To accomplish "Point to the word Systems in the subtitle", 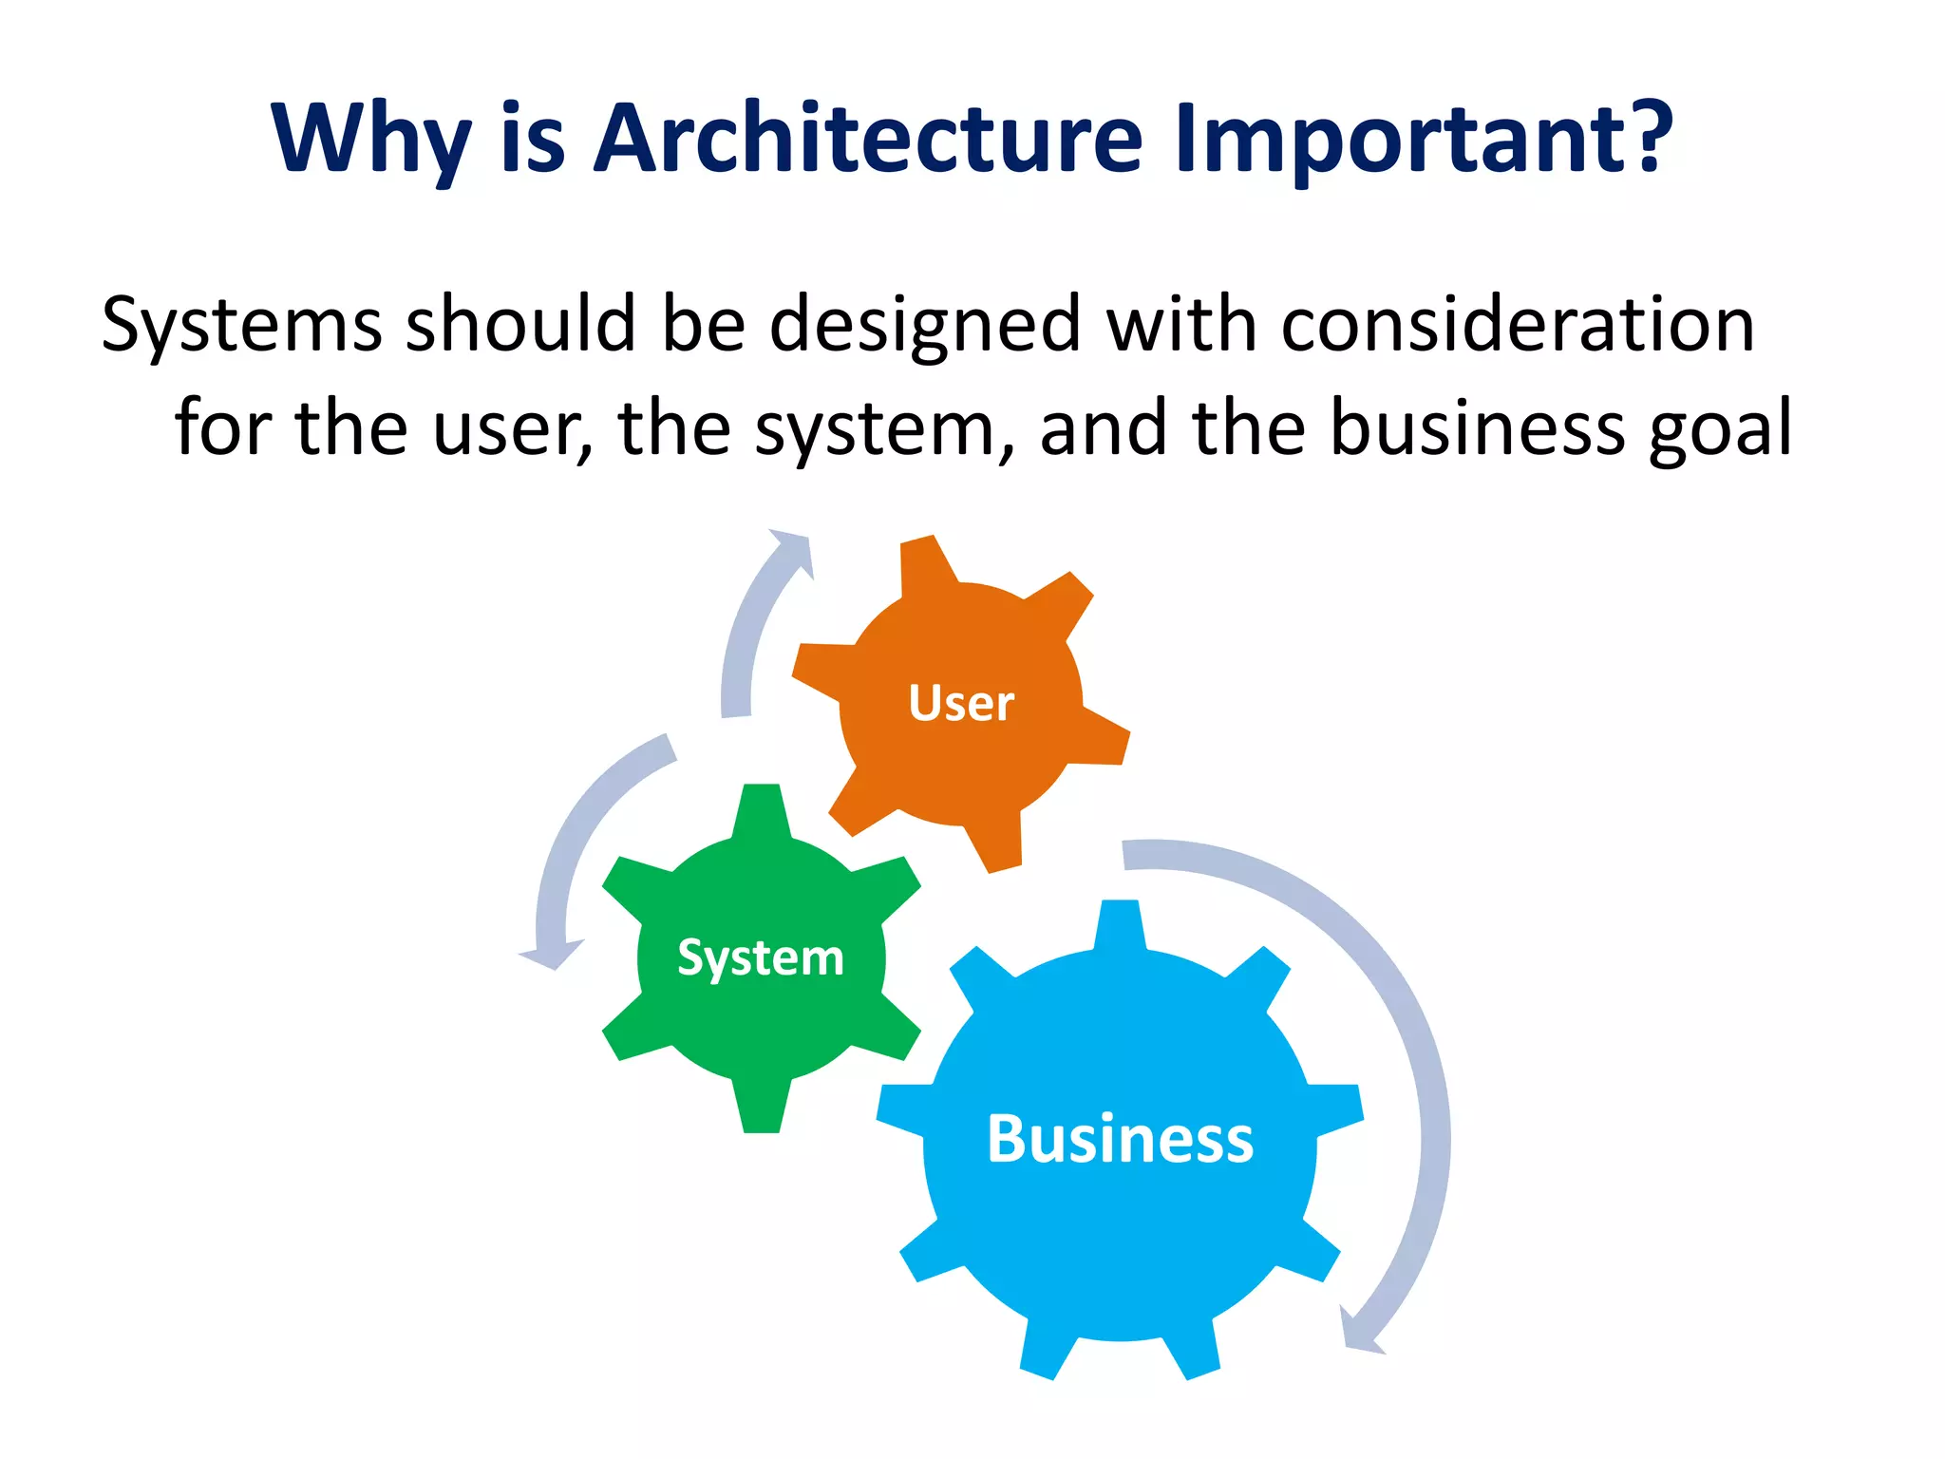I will (x=241, y=326).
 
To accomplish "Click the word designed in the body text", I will (x=924, y=326).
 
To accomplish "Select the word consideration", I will (x=1517, y=326).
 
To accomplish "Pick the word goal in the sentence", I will (x=1719, y=430).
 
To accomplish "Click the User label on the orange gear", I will (x=961, y=704).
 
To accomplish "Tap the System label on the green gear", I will (x=761, y=957).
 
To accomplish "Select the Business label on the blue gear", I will (x=1120, y=1139).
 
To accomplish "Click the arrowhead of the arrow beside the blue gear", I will (x=1358, y=1335).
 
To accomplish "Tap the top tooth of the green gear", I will (x=762, y=807).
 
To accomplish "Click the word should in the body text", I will (x=520, y=326).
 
